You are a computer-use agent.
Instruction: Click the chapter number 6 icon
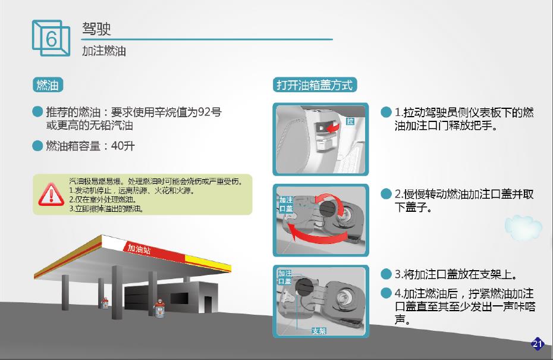pos(51,38)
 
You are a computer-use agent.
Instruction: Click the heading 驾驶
pos(97,29)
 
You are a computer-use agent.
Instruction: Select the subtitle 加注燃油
pos(104,51)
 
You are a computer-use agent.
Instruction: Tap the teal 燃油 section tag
pos(48,85)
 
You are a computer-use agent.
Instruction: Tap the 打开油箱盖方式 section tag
pos(315,85)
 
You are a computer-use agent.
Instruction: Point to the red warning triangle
pos(51,195)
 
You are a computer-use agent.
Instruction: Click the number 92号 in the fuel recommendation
pos(209,112)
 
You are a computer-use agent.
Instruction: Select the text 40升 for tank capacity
pos(122,146)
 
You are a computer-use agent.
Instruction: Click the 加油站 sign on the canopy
pos(139,249)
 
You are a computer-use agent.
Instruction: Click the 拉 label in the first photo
pos(350,121)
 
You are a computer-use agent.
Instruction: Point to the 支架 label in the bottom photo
pos(319,331)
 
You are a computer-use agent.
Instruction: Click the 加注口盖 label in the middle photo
pos(286,204)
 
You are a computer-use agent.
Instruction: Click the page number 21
pos(538,343)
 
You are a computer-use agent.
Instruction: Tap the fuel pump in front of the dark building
pos(159,308)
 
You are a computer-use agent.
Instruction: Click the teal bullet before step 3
pos(386,274)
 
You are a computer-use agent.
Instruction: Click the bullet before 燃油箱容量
pos(37,146)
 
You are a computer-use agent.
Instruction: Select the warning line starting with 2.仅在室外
pos(103,200)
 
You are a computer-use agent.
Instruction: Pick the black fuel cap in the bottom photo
pos(303,287)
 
